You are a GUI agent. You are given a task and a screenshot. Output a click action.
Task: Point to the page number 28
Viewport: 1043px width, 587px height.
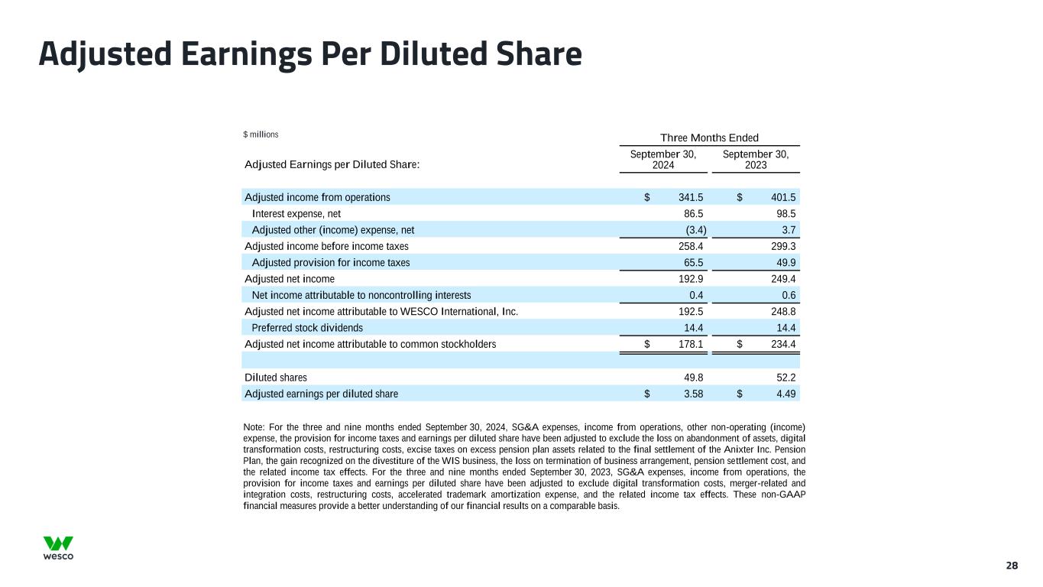[x=1012, y=566]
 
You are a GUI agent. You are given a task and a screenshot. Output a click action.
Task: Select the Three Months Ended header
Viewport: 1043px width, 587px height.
[x=710, y=138]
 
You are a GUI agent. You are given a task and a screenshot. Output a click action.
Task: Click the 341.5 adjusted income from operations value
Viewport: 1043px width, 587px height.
[x=691, y=197]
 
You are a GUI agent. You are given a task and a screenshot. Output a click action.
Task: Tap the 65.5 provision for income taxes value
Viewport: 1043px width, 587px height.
[x=694, y=262]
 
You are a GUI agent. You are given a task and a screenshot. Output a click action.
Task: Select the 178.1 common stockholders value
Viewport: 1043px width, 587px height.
[x=691, y=344]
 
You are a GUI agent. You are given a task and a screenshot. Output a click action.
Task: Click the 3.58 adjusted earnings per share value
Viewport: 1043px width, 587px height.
[x=694, y=394]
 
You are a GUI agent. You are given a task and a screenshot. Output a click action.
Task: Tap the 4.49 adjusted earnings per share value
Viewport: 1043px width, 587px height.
[x=786, y=394]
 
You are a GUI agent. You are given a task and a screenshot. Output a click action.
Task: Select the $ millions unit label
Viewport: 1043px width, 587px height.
[x=261, y=135]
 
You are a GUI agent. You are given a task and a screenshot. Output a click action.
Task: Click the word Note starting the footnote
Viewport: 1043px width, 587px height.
[x=254, y=426]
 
